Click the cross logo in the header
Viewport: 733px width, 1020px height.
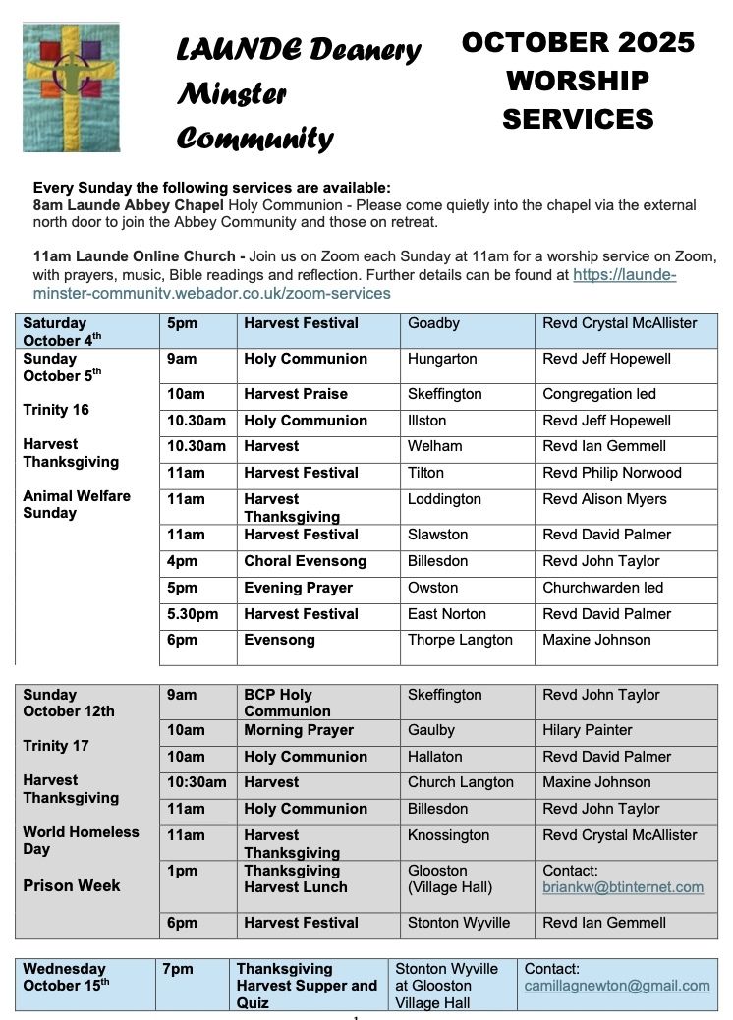[71, 87]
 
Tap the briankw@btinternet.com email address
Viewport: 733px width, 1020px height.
[623, 887]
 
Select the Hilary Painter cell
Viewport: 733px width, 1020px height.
[588, 730]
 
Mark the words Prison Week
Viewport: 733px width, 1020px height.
[72, 885]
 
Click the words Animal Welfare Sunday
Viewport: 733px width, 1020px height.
[76, 504]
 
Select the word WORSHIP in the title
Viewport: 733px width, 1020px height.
[577, 81]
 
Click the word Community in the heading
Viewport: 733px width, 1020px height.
[254, 139]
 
